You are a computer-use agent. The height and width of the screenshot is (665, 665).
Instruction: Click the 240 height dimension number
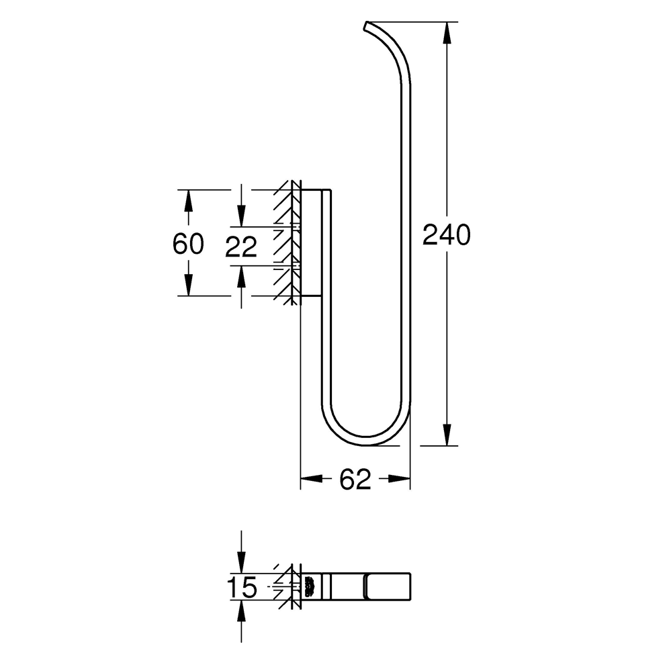click(446, 235)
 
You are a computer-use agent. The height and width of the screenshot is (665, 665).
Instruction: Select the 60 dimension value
click(188, 244)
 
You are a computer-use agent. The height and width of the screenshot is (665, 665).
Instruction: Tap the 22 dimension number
click(241, 247)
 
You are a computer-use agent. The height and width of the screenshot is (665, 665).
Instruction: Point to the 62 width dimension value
click(355, 479)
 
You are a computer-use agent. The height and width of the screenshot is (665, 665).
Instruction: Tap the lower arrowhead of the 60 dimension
click(189, 285)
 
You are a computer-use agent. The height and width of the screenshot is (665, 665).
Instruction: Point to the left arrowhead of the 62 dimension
click(309, 479)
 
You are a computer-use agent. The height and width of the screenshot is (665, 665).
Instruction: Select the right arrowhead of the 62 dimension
click(401, 479)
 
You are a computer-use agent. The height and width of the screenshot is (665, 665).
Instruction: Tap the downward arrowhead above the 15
click(242, 563)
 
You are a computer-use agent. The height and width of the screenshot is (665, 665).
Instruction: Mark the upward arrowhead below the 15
click(242, 609)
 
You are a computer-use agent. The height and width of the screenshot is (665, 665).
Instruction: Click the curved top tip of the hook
click(367, 27)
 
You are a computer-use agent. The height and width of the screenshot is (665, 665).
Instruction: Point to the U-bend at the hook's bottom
click(366, 437)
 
